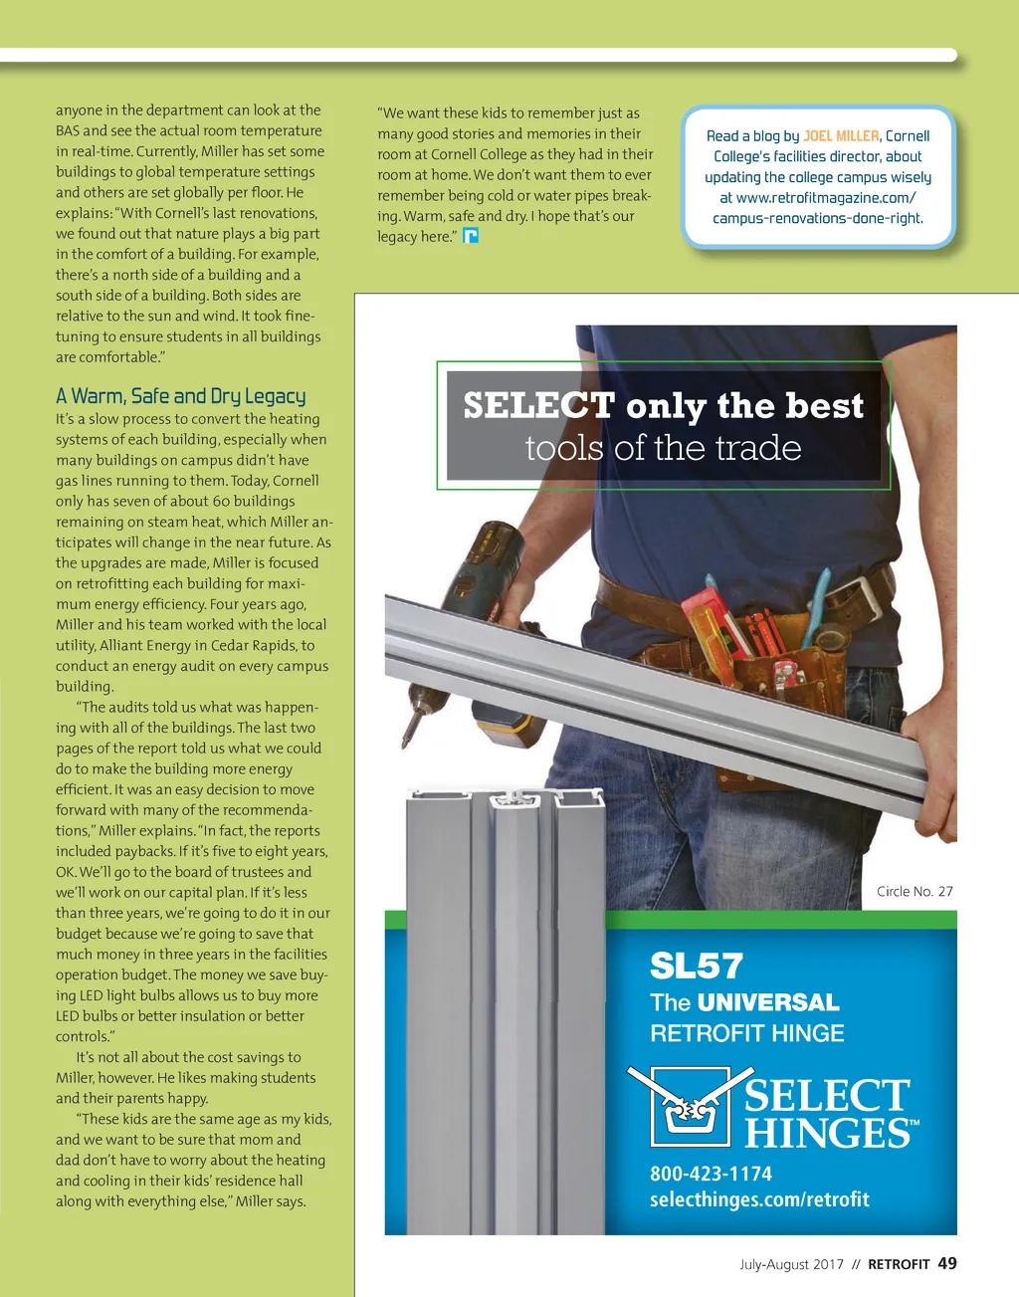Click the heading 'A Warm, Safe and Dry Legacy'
click(x=181, y=396)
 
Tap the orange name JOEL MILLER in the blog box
click(x=841, y=136)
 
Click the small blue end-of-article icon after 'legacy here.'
click(x=472, y=236)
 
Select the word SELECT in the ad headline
click(x=538, y=406)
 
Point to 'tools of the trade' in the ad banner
click(x=663, y=448)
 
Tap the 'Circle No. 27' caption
click(x=915, y=892)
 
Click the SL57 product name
click(x=697, y=966)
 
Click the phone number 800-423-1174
click(x=711, y=1174)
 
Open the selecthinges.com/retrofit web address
click(x=759, y=1199)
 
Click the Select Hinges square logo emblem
click(x=685, y=1106)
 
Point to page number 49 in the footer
click(x=947, y=1263)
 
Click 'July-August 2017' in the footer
click(x=791, y=1264)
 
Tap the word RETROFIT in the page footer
click(x=899, y=1264)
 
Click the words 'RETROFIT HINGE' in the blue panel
click(x=747, y=1033)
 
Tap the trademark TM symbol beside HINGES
click(x=914, y=1123)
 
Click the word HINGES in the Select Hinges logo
click(x=826, y=1134)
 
